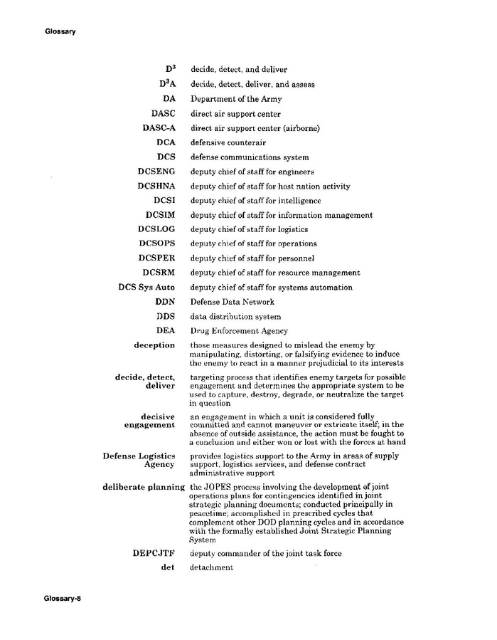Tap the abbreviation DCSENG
156,172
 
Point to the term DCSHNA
156,187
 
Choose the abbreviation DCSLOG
156,229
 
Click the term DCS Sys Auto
146,288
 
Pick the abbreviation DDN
166,302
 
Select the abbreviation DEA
166,330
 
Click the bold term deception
154,345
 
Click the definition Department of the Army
234,99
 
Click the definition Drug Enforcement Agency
238,331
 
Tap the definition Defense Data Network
232,302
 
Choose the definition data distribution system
235,316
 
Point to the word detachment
211,567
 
